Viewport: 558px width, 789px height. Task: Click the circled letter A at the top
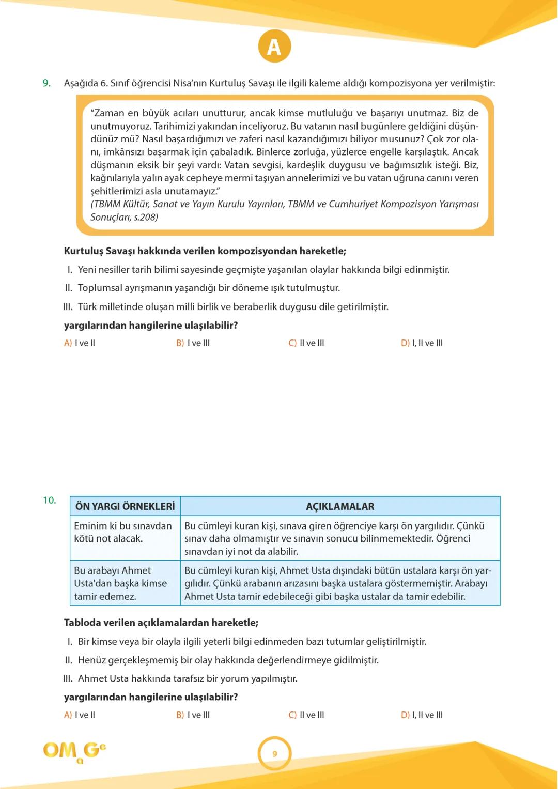click(x=274, y=47)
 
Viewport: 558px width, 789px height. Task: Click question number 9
click(x=47, y=83)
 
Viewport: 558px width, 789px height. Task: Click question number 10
click(x=49, y=500)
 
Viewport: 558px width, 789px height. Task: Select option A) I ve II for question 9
click(x=80, y=343)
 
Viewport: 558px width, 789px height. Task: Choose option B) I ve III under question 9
click(x=193, y=343)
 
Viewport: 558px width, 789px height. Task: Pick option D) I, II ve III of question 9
click(x=422, y=343)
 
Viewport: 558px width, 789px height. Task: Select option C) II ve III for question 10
click(x=306, y=715)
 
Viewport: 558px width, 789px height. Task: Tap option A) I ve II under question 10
click(x=80, y=715)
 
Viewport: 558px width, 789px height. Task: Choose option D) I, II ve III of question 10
click(x=422, y=715)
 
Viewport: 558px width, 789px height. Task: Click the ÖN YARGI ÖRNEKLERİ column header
click(x=125, y=506)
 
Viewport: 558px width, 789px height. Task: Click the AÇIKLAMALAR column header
click(x=340, y=506)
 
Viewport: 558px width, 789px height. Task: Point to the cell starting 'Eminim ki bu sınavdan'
click(x=123, y=532)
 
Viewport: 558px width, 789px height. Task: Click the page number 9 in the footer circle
click(x=274, y=754)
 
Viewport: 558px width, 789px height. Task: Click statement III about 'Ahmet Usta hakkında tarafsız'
click(x=187, y=678)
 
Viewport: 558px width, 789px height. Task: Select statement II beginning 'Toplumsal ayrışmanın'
click(x=209, y=288)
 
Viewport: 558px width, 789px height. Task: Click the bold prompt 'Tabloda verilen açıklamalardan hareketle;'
click(x=161, y=623)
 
